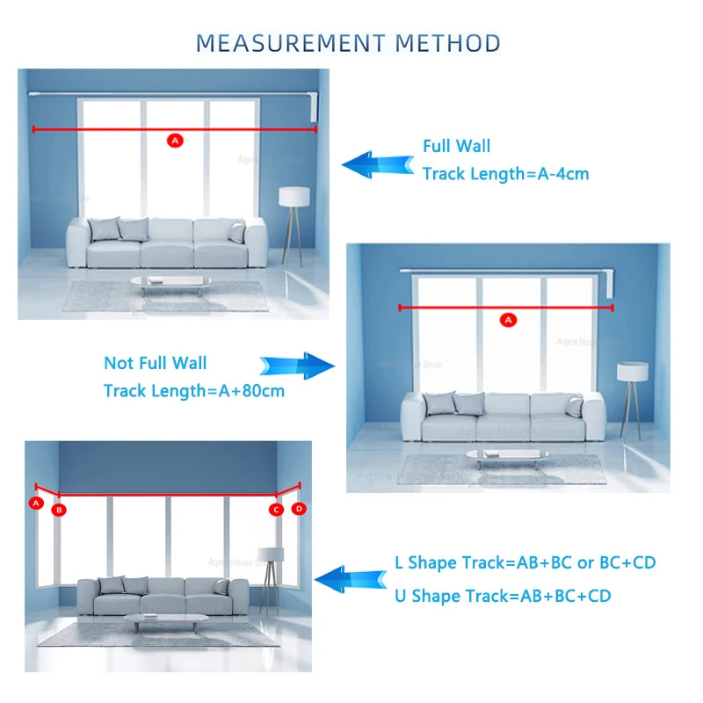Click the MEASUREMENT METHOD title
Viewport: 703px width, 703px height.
(348, 42)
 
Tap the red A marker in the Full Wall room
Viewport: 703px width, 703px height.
(174, 140)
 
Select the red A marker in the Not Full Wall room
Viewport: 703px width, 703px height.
(507, 320)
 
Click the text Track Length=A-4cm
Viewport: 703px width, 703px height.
(505, 174)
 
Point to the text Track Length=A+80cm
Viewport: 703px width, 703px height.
(194, 390)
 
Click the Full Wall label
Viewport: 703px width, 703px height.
(456, 146)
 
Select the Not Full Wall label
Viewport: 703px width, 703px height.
(156, 363)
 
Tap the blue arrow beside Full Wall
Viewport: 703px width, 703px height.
(377, 164)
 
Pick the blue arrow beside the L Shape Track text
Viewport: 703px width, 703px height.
(351, 579)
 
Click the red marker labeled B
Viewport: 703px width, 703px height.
(59, 509)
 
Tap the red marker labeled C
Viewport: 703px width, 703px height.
(275, 509)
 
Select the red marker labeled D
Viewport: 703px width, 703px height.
(299, 508)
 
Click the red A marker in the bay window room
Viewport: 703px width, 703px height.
(36, 503)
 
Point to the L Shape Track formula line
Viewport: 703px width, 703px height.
(525, 562)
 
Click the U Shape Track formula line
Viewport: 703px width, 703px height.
(503, 596)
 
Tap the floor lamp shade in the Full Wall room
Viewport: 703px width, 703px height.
(294, 196)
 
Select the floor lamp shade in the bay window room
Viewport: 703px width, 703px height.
(271, 554)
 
